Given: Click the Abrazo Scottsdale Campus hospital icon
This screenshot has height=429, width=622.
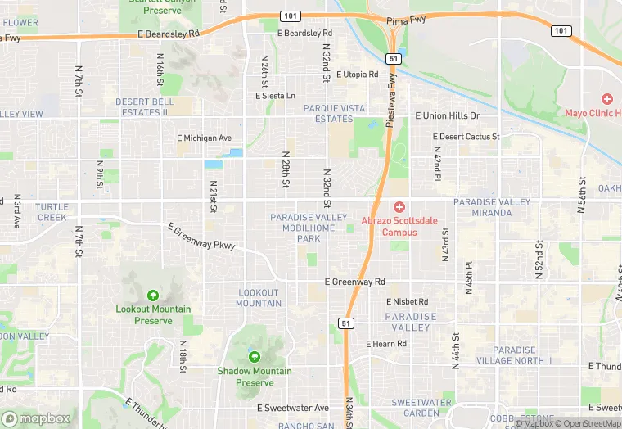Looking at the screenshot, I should pyautogui.click(x=399, y=208).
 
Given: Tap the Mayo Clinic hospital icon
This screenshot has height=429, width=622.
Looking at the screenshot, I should pyautogui.click(x=607, y=98).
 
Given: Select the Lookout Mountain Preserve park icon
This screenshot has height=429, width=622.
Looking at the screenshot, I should pyautogui.click(x=152, y=296).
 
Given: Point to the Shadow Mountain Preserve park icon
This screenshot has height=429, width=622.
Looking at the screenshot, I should pyautogui.click(x=254, y=357).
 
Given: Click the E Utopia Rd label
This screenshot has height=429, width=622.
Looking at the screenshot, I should pyautogui.click(x=357, y=75).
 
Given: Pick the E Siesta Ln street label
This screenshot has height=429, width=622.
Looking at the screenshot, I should pyautogui.click(x=275, y=96).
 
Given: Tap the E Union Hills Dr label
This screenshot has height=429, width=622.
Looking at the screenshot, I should pyautogui.click(x=448, y=116).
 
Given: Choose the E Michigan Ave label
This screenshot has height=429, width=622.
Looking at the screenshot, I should pyautogui.click(x=205, y=138).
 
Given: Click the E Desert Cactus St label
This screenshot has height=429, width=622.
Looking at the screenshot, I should pyautogui.click(x=466, y=136).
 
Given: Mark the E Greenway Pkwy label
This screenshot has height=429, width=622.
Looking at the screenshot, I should pyautogui.click(x=201, y=237).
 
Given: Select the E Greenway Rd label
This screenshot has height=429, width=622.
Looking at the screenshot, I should pyautogui.click(x=355, y=282).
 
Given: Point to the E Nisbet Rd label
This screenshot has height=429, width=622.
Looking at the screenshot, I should pyautogui.click(x=407, y=302).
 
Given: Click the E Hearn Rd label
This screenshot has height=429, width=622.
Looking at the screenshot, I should pyautogui.click(x=386, y=344).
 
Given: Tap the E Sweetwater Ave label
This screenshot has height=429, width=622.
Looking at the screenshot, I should pyautogui.click(x=292, y=408).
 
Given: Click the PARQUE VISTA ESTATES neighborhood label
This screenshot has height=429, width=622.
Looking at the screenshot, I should pyautogui.click(x=334, y=113).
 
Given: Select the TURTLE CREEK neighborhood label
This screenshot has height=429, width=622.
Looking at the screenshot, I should pyautogui.click(x=52, y=212).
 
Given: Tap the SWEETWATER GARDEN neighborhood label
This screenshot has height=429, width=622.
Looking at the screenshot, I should pyautogui.click(x=421, y=408).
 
